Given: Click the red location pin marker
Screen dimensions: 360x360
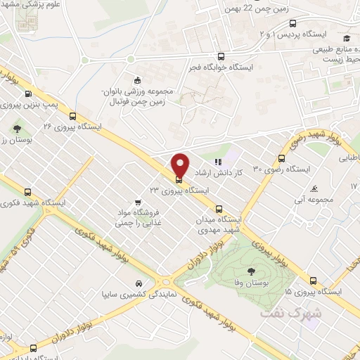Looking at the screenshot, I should [x=180, y=165].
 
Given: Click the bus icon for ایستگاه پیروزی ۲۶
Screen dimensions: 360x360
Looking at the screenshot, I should [x=27, y=94].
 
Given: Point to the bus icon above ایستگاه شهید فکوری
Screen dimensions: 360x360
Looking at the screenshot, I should [x=28, y=191].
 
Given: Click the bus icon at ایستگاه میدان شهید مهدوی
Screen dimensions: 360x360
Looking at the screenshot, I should [x=219, y=209].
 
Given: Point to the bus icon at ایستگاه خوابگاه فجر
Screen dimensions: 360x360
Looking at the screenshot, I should [x=221, y=57].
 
